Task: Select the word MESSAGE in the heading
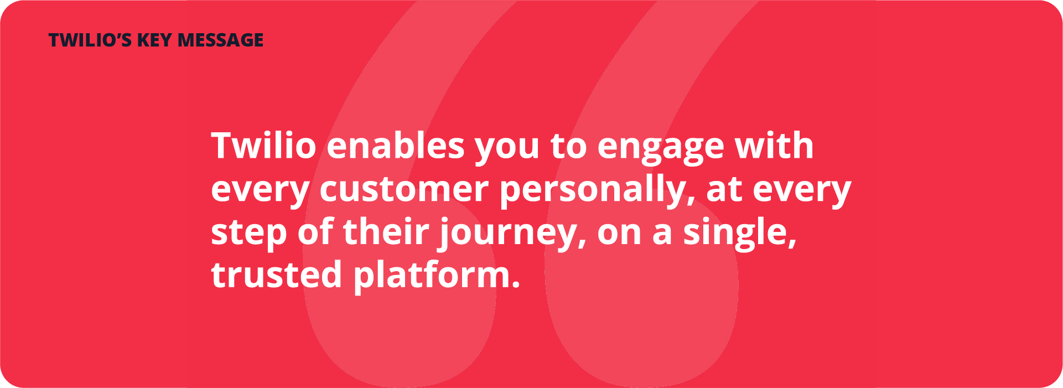[x=221, y=40]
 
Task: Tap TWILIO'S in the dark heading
[x=90, y=40]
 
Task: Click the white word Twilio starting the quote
[x=263, y=146]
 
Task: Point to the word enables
[x=396, y=146]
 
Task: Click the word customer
[x=404, y=189]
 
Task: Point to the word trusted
[x=277, y=275]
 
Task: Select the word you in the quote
[x=507, y=149]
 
